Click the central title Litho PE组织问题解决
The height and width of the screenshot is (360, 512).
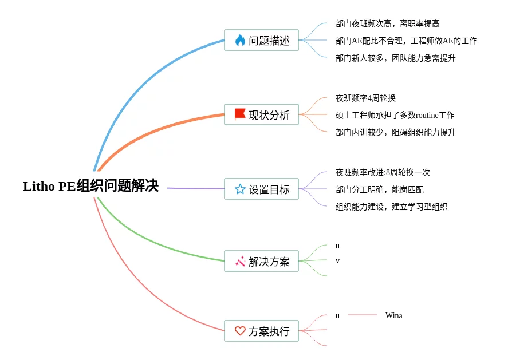click(91, 186)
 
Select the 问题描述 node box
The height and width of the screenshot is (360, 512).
click(261, 40)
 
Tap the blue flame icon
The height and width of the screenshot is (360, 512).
click(240, 40)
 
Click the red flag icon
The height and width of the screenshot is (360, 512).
click(240, 114)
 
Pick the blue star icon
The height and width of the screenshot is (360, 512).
click(240, 189)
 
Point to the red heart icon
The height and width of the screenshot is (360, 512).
click(240, 331)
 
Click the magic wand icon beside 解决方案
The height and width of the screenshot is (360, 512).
click(240, 261)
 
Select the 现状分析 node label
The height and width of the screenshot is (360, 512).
click(269, 115)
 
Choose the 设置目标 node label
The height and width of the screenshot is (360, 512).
click(269, 189)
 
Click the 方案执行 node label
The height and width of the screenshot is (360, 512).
click(269, 331)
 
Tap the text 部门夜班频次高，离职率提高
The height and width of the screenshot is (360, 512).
click(388, 23)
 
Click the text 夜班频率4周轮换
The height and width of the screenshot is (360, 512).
click(366, 98)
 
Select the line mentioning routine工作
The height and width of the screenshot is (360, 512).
click(395, 115)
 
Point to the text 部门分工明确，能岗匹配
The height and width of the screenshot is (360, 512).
click(380, 189)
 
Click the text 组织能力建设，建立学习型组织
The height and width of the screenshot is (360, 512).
click(392, 207)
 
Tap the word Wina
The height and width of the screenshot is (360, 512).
click(394, 315)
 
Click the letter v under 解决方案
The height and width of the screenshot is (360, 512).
click(338, 261)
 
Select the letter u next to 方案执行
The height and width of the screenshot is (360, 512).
click(338, 315)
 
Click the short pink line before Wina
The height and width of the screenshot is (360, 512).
click(363, 315)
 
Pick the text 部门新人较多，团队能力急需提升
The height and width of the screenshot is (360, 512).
click(395, 58)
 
